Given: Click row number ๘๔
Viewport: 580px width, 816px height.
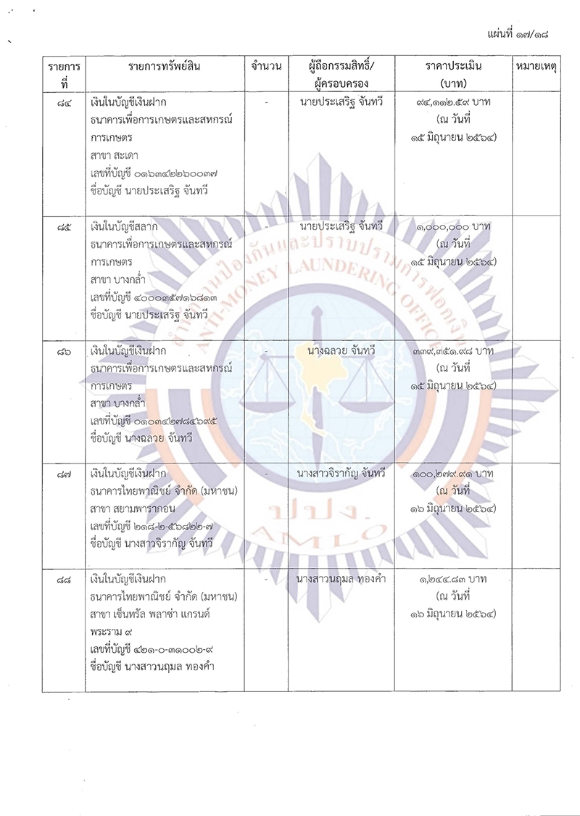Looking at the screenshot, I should coord(63,104).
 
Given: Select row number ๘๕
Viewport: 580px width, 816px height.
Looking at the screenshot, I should coord(63,228).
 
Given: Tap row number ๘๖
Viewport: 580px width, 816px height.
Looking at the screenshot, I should coord(63,352).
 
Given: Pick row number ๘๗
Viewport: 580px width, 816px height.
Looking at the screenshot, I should coord(63,474).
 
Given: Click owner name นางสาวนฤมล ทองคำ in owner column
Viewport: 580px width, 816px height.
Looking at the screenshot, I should coord(341,580).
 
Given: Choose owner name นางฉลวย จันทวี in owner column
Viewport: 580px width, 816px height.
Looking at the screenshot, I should coord(341,352).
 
